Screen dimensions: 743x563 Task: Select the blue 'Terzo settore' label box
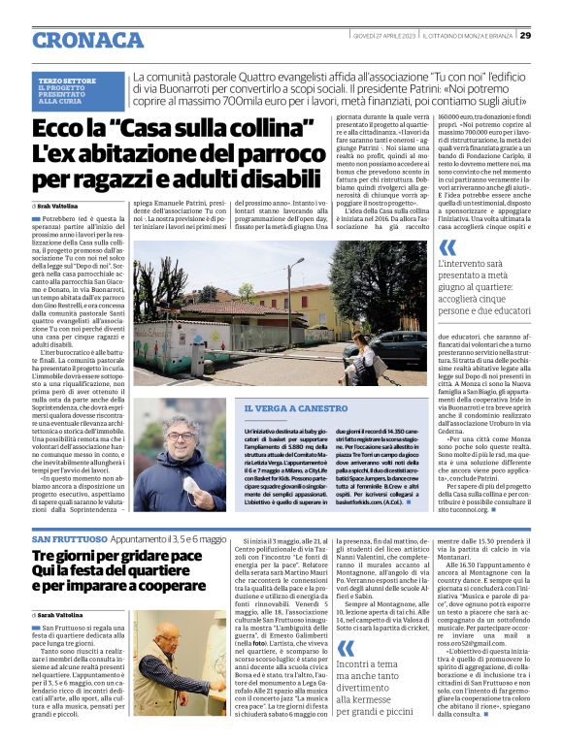click(x=79, y=90)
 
